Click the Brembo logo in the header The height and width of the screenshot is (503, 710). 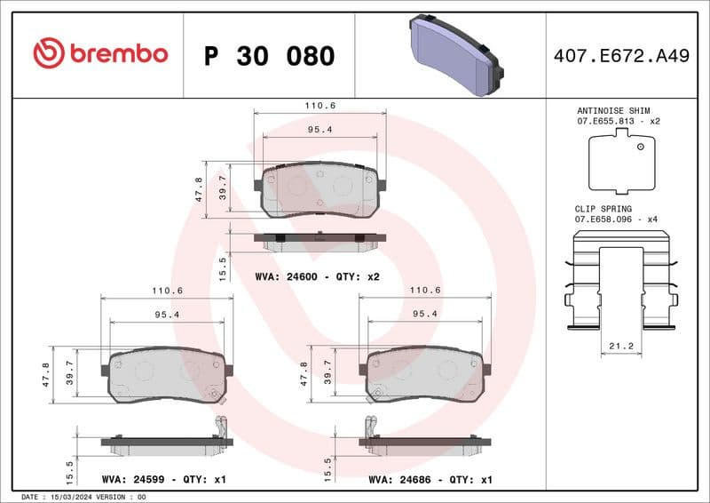click(100, 53)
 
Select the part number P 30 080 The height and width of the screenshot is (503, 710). click(269, 56)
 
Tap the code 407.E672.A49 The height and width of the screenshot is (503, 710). click(620, 56)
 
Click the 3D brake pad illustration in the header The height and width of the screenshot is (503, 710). click(455, 56)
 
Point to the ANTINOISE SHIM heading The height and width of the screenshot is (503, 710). click(619, 110)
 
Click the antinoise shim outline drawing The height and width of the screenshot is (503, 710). click(621, 161)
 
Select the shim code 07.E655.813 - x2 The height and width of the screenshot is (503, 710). click(619, 121)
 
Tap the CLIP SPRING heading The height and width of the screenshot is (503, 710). click(603, 208)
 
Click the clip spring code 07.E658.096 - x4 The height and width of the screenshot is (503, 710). click(619, 219)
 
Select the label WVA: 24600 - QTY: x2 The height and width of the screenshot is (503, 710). click(317, 277)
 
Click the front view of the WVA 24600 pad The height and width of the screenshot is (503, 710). click(319, 189)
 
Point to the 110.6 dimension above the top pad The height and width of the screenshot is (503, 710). click(319, 105)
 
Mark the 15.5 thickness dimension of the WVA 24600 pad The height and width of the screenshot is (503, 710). click(224, 264)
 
